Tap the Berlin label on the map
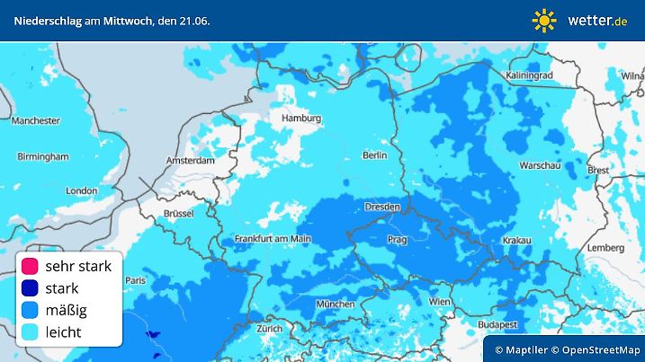point(373,155)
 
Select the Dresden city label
point(381,207)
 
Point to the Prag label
point(397,240)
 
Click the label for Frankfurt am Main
point(272,238)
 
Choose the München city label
point(335,304)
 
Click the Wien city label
point(440,303)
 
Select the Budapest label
point(496,323)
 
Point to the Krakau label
point(516,241)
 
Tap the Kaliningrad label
point(532,75)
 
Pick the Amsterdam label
point(190,161)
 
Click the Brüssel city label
point(179,213)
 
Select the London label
point(81,190)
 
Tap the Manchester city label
point(35,120)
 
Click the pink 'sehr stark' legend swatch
point(30,266)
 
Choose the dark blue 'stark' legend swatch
point(30,288)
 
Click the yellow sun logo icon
point(544,20)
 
